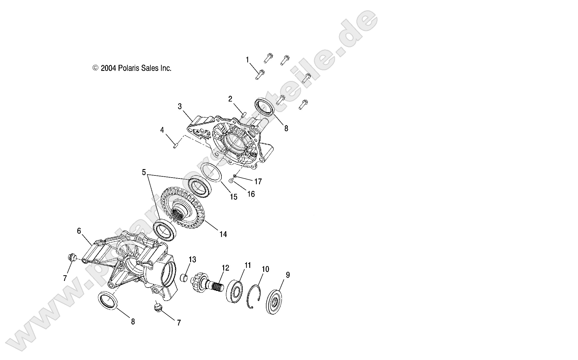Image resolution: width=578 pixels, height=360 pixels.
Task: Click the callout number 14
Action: [x=223, y=234]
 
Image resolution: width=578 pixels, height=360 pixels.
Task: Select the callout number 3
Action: [x=180, y=106]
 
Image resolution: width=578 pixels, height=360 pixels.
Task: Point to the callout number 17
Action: [x=258, y=182]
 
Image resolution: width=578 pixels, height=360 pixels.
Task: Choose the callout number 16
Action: [x=251, y=194]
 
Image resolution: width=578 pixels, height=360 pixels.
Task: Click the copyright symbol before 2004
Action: [x=96, y=68]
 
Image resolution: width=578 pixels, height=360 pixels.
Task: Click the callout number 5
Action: [x=144, y=172]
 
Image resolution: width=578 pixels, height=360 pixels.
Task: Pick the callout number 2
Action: [x=230, y=99]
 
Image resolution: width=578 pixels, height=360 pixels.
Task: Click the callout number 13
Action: [x=193, y=260]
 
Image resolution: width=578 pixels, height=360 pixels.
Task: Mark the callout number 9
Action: [x=288, y=275]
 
